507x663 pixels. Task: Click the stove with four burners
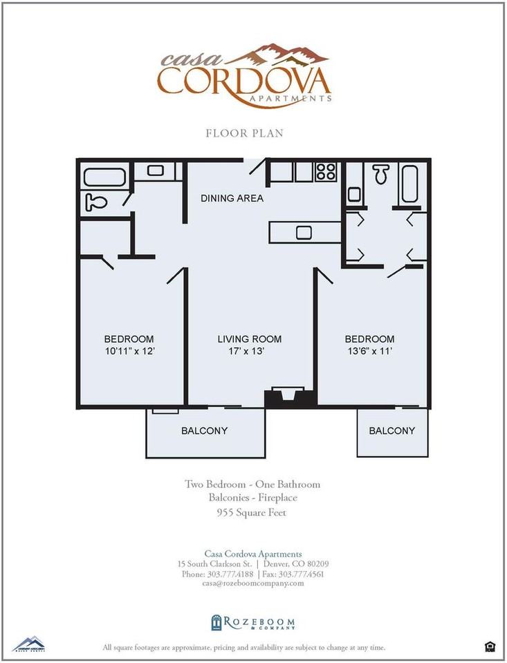pos(326,172)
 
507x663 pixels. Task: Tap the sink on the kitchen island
pos(304,233)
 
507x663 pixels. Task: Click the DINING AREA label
pos(232,198)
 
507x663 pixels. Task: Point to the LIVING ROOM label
pos(250,338)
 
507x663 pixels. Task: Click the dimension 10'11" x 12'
pos(129,351)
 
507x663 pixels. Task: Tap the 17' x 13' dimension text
pos(246,351)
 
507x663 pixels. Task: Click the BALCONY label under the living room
pos(204,430)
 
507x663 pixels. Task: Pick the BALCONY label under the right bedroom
pos(391,430)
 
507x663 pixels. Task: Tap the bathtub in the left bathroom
pos(104,177)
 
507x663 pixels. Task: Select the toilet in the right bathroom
pos(381,174)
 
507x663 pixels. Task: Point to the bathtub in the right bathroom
pos(409,184)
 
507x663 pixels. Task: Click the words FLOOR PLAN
pos(244,133)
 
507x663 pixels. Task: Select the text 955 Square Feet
pos(252,512)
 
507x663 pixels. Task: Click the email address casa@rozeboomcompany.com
pos(253,583)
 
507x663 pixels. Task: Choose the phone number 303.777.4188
pos(230,574)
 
